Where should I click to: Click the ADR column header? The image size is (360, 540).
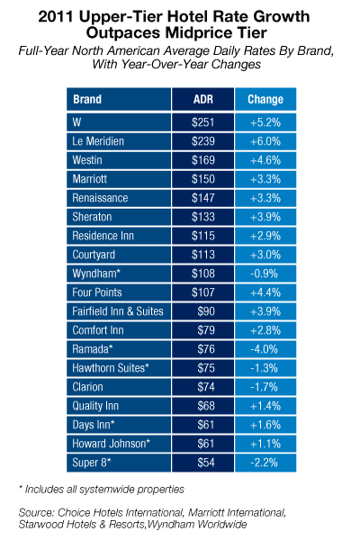pos(203,99)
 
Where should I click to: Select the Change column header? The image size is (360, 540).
pos(265,99)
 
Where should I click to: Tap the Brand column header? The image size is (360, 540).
pos(87,99)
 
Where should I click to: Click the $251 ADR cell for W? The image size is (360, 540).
pos(203,122)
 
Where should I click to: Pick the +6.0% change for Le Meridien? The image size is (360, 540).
pos(265,141)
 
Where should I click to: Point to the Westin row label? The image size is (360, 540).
pos(87,160)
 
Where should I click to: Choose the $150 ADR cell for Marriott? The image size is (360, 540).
pos(203,179)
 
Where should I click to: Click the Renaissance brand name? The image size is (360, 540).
pos(100,198)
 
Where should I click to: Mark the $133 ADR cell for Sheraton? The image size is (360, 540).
pos(203,217)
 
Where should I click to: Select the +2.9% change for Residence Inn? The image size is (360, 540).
pos(265,236)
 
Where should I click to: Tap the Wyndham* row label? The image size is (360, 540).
pos(96,274)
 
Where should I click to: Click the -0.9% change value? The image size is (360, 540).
pos(265,274)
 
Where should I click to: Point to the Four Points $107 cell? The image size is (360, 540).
pos(203,292)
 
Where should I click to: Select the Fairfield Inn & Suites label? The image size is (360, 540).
pos(118,311)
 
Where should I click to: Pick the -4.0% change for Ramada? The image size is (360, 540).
pos(265,349)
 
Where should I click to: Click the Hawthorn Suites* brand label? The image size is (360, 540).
pos(111,368)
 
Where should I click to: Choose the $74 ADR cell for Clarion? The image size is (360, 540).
pos(206,387)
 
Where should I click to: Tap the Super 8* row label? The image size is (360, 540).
pos(92,463)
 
